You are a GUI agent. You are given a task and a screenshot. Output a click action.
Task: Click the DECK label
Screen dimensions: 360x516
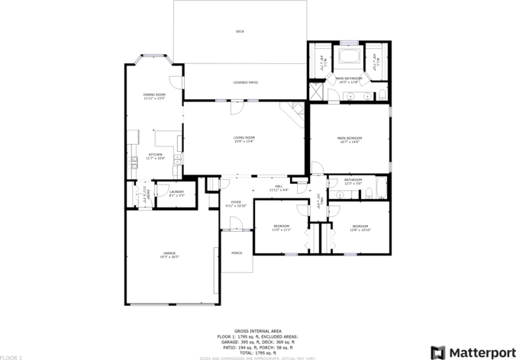pos(240,31)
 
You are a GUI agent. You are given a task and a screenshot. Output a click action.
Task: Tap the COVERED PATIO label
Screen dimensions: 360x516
pos(245,82)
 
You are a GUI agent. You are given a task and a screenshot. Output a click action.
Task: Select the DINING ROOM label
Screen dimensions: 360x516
pos(154,96)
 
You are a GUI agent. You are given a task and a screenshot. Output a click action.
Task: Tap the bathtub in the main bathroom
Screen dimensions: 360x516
pos(353,60)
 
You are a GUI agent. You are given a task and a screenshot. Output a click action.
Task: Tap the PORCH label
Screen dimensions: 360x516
pos(237,253)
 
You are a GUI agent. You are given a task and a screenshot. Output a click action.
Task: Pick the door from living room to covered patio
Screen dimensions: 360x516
pos(238,108)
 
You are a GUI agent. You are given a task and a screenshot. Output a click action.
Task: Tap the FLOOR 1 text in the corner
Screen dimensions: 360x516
pos(11,356)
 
